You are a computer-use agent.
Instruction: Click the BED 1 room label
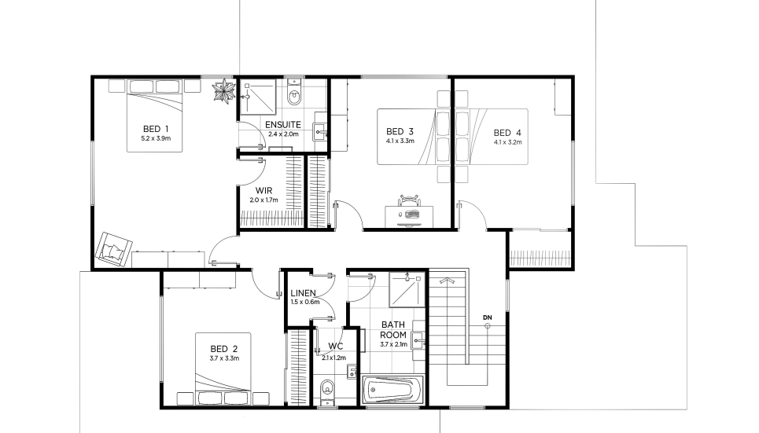point(156,129)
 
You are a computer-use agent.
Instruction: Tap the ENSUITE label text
point(283,125)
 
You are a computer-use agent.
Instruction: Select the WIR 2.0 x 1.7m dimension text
point(263,200)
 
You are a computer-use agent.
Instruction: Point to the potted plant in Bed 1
point(223,91)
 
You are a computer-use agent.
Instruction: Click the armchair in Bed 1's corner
point(114,248)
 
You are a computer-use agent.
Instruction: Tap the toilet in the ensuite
point(294,94)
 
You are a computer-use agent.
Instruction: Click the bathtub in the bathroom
point(393,390)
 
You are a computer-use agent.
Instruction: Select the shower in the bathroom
point(407,289)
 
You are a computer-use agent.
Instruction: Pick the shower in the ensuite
point(258,97)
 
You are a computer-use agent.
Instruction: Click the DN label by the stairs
point(488,317)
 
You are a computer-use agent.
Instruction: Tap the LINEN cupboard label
point(303,293)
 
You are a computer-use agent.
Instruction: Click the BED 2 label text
point(224,349)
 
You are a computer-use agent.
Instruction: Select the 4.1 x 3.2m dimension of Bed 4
point(508,142)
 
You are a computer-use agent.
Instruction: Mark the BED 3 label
point(400,131)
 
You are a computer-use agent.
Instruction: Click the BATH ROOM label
point(393,330)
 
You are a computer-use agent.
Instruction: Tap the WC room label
point(335,347)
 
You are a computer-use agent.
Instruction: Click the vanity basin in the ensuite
point(320,130)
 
